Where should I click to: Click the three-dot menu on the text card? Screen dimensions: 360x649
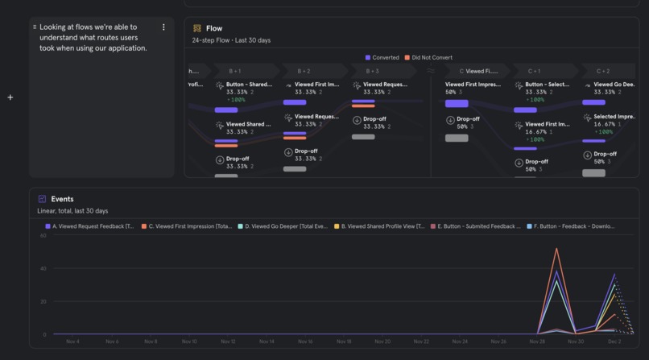tap(163, 27)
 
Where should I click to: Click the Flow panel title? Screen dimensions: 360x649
tap(214, 28)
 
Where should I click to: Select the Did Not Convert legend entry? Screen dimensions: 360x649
tap(431, 57)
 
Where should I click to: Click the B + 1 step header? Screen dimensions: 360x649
tap(234, 71)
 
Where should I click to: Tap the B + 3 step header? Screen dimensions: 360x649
tap(371, 71)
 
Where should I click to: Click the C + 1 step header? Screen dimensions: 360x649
tap(534, 71)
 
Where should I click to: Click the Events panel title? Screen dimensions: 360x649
tap(62, 199)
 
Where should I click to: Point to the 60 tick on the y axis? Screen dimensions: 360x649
tap(43, 236)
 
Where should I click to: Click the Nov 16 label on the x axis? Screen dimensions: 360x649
tap(305, 341)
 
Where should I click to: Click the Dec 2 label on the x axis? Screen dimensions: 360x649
tap(614, 341)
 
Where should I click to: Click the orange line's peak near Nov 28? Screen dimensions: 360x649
tap(556, 249)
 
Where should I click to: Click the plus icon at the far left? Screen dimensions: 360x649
tap(10, 97)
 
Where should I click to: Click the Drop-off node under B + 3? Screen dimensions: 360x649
tap(374, 119)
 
